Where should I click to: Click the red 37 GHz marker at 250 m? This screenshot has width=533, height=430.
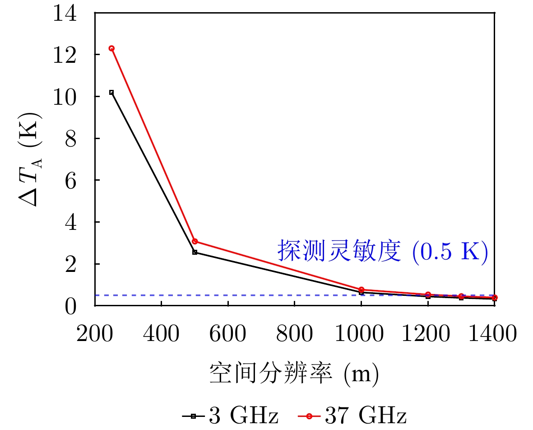(x=111, y=48)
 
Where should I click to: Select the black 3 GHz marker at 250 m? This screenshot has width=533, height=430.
(x=111, y=92)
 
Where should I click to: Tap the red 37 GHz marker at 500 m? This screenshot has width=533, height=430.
(x=195, y=241)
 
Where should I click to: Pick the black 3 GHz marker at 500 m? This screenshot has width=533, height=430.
(x=195, y=252)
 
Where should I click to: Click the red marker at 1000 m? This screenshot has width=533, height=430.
(x=361, y=290)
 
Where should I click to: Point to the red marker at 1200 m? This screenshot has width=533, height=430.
(x=428, y=294)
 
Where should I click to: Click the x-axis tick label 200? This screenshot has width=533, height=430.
(x=95, y=335)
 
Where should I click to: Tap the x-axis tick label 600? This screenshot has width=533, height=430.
(x=228, y=335)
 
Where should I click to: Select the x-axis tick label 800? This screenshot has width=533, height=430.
(x=294, y=335)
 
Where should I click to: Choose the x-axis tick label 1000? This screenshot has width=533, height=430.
(x=361, y=335)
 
